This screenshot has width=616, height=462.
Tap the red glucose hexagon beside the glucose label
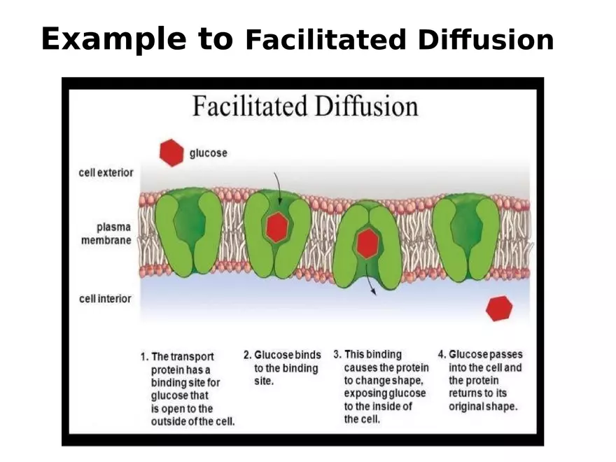point(171,152)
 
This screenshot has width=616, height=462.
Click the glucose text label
point(208,153)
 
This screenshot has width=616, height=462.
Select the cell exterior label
point(106,172)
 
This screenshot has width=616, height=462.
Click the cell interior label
point(105,299)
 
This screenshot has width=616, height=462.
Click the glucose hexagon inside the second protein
point(277,227)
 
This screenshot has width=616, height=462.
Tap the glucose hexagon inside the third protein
point(367,243)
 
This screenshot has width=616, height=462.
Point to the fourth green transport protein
point(465,232)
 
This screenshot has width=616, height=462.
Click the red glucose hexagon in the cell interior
point(499,308)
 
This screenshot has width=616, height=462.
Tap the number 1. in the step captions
point(144,356)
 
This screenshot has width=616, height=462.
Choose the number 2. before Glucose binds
point(247,355)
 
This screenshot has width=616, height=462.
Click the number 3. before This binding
point(337,354)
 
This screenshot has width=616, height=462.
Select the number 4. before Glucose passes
point(442,354)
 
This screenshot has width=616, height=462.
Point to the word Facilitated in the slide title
point(325,41)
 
